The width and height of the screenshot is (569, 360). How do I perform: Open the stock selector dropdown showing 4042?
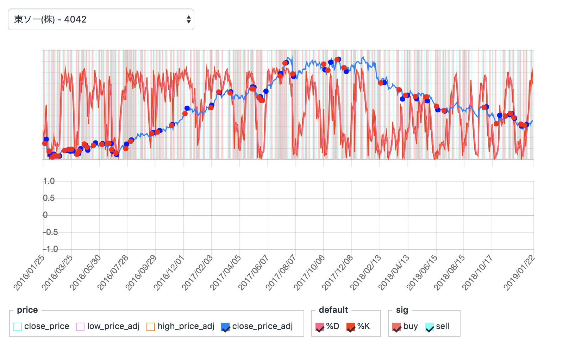pos(101,19)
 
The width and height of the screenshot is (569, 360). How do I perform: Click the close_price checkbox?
pos(18,327)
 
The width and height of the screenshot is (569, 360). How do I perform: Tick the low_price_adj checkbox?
pos(80,327)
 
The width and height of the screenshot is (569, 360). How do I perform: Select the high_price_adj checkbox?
pos(151,327)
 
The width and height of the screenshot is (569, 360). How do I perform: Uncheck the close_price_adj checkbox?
pos(225,327)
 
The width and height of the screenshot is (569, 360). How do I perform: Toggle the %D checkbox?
pos(320,327)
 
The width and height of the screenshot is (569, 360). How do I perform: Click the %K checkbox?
pos(351,327)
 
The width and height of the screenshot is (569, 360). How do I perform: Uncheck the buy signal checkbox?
pos(396,327)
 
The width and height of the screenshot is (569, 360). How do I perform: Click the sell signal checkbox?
pos(430,327)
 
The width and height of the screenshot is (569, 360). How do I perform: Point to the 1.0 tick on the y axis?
pos(49,181)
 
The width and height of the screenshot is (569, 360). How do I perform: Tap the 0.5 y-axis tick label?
pos(49,198)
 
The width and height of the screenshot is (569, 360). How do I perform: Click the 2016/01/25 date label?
pos(30,273)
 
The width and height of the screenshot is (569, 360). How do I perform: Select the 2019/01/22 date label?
pos(519,273)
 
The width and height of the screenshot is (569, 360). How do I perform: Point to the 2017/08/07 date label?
pos(281,273)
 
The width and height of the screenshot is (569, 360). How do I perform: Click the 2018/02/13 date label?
pos(365,273)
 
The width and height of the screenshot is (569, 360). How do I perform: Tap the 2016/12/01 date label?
pos(169,273)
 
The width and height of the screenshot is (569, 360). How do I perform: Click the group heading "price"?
pos(27,310)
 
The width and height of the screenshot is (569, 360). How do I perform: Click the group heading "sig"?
pos(402,310)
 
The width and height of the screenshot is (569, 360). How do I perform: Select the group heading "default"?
pos(333,310)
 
